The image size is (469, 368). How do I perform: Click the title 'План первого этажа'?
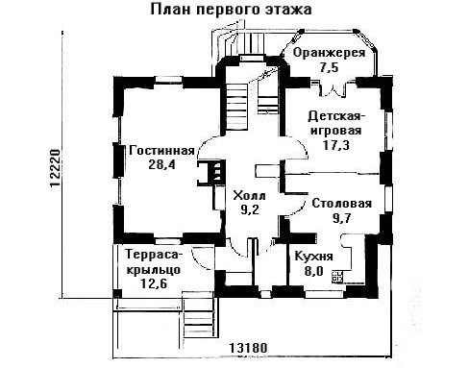pos(231,10)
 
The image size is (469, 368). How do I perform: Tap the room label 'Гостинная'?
pos(162,150)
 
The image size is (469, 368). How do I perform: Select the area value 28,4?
pos(162,164)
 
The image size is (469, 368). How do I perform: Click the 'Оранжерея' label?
pos(329,53)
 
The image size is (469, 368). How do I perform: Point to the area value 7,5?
pos(329,67)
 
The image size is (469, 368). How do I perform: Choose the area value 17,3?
pos(336,145)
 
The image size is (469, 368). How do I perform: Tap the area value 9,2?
pos(250,209)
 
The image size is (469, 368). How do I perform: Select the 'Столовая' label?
pos(342,204)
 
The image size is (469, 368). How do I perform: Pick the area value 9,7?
pos(342,218)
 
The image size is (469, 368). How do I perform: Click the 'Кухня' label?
pos(314,257)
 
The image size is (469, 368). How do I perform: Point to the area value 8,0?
pos(314,271)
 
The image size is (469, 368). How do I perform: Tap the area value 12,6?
pos(154,283)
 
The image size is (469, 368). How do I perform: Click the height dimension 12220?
pos(55,167)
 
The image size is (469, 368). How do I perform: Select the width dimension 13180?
pos(248,348)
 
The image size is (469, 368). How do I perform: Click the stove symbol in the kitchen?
pos(337,277)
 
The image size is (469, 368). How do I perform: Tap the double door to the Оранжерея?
pos(333,88)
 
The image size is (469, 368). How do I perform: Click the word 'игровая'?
pos(336,131)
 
